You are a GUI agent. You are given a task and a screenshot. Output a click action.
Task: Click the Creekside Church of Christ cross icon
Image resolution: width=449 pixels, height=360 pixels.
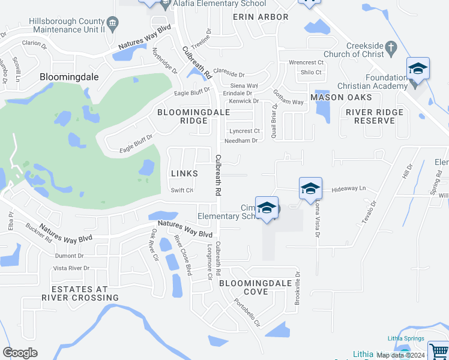390,46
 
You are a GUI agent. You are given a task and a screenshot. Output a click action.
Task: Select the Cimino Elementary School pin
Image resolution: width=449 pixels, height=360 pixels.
266,208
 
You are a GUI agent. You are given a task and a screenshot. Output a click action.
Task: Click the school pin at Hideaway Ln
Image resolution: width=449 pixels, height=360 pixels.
310,188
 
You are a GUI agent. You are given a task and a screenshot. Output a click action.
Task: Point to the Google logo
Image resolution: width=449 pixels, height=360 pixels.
20,353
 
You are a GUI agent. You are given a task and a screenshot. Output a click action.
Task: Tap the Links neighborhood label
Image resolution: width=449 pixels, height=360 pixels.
184,173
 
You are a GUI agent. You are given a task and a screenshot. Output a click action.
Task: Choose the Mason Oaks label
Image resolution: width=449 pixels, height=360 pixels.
341,97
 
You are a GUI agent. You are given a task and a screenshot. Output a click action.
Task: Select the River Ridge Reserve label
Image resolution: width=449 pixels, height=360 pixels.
374,116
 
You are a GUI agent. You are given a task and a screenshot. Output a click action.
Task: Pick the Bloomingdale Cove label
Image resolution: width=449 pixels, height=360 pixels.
255,287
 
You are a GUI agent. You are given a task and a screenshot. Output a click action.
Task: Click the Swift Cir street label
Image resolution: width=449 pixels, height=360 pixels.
181,191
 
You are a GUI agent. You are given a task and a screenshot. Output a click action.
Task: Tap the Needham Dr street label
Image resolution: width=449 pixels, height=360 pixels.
241,141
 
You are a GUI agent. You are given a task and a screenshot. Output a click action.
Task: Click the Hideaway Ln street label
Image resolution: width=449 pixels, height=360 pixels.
349,189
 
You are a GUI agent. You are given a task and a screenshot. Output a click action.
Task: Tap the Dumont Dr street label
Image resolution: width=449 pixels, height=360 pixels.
65,255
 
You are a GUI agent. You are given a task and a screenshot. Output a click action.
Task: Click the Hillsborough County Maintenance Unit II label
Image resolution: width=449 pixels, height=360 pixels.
69,25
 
